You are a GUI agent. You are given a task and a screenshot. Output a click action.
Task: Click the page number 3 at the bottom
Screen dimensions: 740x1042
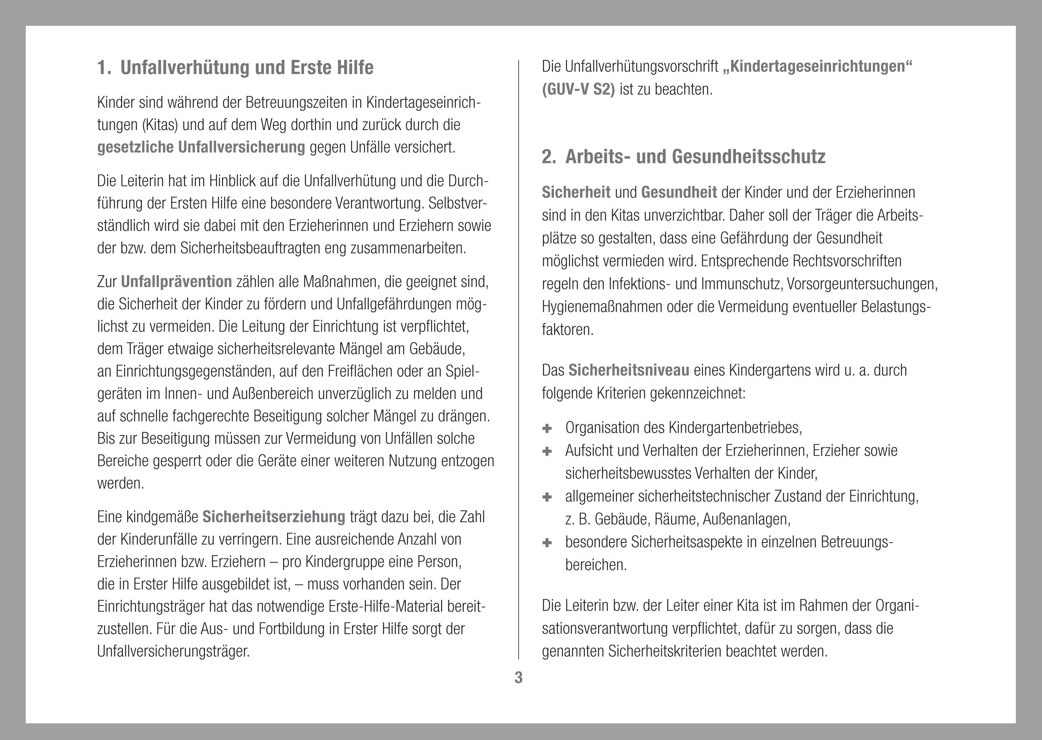point(519,678)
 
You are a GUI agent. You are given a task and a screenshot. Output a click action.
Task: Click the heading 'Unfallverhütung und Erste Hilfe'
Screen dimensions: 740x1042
point(247,68)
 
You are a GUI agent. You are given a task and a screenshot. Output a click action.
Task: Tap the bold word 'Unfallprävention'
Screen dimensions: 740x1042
point(176,282)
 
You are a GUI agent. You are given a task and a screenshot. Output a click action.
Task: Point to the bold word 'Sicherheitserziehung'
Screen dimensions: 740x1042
point(274,517)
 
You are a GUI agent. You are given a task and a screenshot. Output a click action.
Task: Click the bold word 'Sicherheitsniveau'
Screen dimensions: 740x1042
point(628,370)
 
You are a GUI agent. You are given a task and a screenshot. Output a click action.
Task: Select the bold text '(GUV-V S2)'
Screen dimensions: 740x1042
point(578,90)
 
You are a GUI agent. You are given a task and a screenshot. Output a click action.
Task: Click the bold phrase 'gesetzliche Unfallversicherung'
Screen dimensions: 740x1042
point(201,148)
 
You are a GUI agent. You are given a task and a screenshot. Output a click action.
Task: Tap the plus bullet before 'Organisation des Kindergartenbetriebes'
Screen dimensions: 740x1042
point(547,428)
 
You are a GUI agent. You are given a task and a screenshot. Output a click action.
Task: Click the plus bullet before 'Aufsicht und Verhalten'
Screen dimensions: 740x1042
point(547,451)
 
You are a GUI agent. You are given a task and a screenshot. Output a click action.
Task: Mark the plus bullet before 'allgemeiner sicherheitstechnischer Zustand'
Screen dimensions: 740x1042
point(547,497)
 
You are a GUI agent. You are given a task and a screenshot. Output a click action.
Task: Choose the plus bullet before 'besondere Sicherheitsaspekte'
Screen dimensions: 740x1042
point(547,542)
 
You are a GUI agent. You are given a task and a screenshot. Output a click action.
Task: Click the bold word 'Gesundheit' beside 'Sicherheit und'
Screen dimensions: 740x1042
point(678,193)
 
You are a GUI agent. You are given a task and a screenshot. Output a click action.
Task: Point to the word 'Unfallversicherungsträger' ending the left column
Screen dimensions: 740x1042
point(173,652)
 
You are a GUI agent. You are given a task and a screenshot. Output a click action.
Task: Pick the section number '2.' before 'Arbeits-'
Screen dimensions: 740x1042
point(549,157)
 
